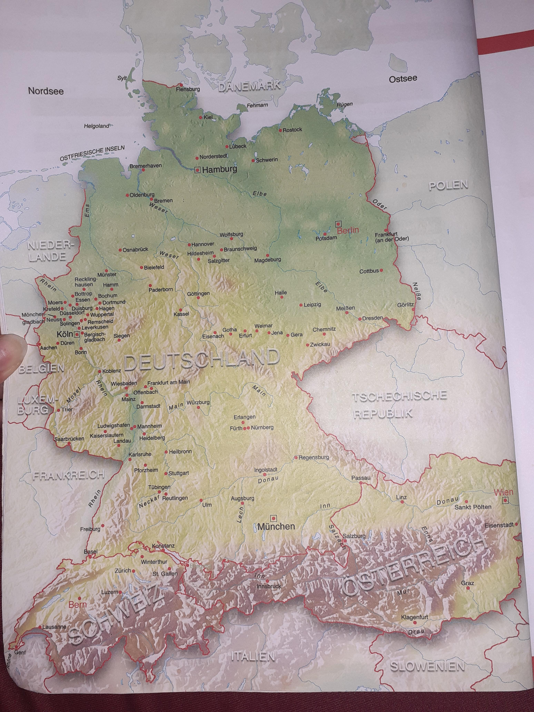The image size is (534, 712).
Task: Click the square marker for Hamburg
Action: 197,170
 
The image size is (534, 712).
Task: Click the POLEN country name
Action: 448,185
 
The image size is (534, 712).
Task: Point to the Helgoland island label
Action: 97,126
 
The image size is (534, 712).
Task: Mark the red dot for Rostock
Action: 280,130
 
